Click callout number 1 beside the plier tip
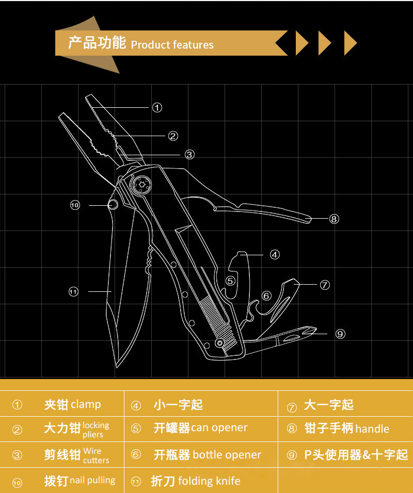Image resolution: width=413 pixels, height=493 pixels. point(157,108)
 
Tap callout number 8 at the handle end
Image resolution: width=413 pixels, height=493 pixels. point(334,219)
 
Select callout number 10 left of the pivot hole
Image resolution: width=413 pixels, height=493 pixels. point(75,205)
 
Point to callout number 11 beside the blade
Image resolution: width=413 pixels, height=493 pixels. point(73,292)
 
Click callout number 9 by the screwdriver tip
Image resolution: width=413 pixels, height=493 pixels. point(340,334)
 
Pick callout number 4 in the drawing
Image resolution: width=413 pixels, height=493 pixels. point(275,255)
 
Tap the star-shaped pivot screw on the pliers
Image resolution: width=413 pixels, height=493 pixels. point(141,184)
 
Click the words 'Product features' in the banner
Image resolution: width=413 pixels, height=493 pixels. point(172,45)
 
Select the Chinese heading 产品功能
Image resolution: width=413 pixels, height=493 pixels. point(97,43)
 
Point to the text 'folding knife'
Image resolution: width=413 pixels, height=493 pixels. point(209,481)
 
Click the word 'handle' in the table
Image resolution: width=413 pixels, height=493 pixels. point(372,429)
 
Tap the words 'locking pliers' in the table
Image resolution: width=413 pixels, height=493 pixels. point(96,430)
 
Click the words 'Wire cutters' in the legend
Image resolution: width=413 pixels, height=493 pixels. point(96,455)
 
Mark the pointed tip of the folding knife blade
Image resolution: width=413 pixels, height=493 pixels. point(117,367)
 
